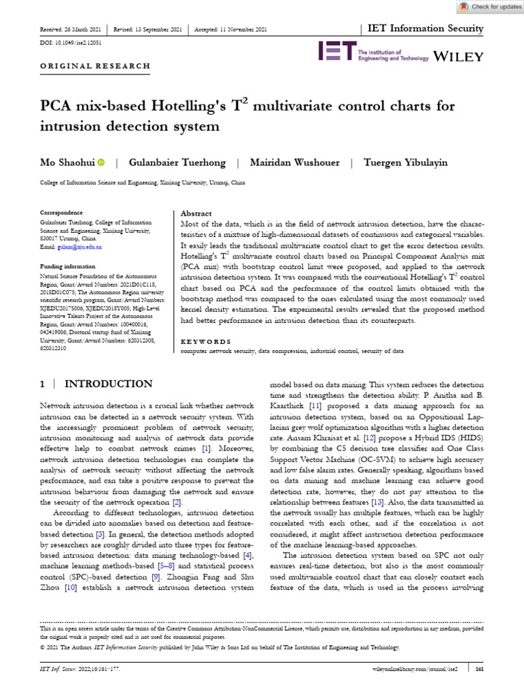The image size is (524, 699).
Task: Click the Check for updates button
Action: pyautogui.click(x=490, y=7)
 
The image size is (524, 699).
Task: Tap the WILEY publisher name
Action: pyautogui.click(x=458, y=55)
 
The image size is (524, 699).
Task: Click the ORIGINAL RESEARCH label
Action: pyautogui.click(x=95, y=66)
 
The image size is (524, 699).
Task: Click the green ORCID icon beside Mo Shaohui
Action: pyautogui.click(x=102, y=162)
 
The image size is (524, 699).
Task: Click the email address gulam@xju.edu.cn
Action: pyautogui.click(x=81, y=247)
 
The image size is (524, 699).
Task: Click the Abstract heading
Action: pyautogui.click(x=196, y=214)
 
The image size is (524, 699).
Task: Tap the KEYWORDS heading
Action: pyautogui.click(x=205, y=341)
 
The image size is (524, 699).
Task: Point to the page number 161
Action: pyautogui.click(x=479, y=670)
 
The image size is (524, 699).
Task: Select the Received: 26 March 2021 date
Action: pyautogui.click(x=72, y=29)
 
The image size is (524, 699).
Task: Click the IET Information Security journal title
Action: pyautogui.click(x=426, y=29)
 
